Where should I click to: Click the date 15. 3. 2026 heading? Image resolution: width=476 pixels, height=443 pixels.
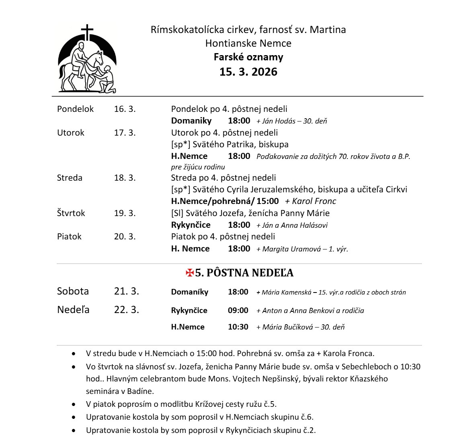(x=248, y=72)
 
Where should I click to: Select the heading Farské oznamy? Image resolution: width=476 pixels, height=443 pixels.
(x=248, y=57)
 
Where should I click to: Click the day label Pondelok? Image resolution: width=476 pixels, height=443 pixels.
(x=75, y=109)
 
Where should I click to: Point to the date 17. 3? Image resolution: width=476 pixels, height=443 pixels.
(x=125, y=132)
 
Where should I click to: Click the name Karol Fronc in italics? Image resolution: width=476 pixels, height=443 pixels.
(x=314, y=201)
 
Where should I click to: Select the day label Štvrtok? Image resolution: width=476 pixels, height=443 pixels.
(x=71, y=213)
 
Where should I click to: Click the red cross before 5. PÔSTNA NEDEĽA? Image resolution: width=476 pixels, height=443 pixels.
(x=190, y=273)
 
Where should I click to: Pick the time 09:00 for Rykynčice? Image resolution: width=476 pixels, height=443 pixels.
(x=238, y=310)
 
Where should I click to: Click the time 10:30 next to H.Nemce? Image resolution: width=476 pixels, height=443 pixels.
(x=238, y=327)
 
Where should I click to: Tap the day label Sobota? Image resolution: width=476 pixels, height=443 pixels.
(x=73, y=291)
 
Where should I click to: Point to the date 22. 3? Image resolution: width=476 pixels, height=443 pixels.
(x=126, y=309)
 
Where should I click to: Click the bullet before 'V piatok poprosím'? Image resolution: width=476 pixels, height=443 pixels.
(x=73, y=404)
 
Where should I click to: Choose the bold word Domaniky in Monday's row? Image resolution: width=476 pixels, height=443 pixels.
(x=191, y=121)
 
